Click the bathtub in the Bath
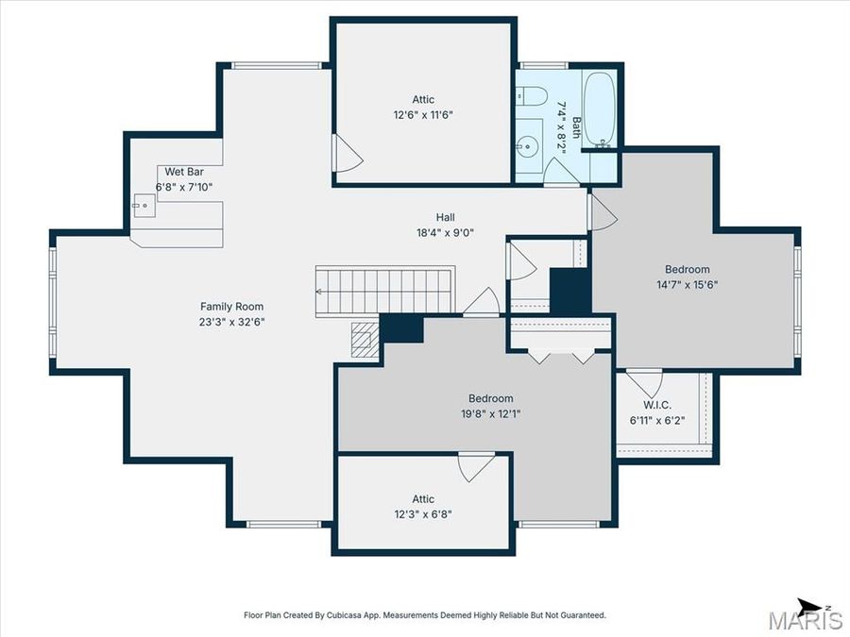coord(599,108)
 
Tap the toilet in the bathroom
coord(531,96)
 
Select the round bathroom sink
coord(528,145)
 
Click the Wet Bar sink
coord(144,204)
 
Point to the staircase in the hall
coord(385,291)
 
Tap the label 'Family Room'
coord(231,306)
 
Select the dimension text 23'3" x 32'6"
coord(231,321)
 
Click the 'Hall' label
coord(446,217)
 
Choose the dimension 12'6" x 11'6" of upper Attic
coord(423,114)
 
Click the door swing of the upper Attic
coord(347,154)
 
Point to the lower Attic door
coord(475,466)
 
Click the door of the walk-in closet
coord(645,382)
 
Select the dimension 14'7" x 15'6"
coord(687,284)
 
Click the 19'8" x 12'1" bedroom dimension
coord(491,413)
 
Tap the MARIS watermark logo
coord(805,620)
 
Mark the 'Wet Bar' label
coord(184,172)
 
